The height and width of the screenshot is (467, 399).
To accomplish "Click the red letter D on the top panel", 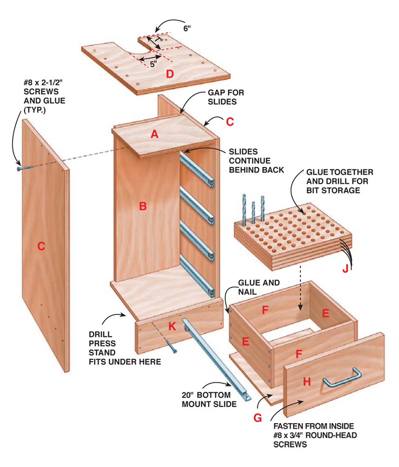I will pyautogui.click(x=170, y=74).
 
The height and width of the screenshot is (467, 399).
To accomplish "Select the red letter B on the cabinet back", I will pyautogui.click(x=143, y=206).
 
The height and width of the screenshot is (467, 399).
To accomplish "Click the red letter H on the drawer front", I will pyautogui.click(x=307, y=381).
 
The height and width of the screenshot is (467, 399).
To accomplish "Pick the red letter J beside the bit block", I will pyautogui.click(x=345, y=270).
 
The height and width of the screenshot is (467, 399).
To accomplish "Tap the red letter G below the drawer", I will pyautogui.click(x=257, y=418).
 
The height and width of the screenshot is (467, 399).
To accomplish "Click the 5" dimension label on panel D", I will pyautogui.click(x=154, y=64).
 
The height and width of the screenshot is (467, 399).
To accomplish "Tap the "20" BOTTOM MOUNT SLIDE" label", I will pyautogui.click(x=209, y=399).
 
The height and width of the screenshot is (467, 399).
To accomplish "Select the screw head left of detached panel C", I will pyautogui.click(x=19, y=169).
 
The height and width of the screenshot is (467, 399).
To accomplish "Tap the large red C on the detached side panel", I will pyautogui.click(x=41, y=246).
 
